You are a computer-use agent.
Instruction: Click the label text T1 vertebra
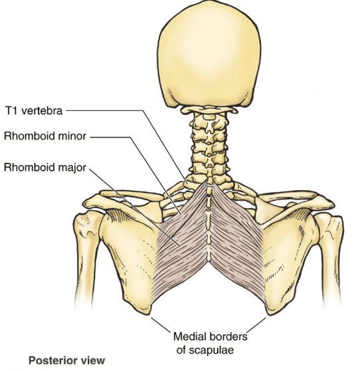(x=34, y=111)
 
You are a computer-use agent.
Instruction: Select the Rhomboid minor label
(x=45, y=136)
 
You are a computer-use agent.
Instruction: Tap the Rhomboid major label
(x=45, y=168)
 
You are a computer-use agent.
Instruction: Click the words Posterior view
(x=66, y=360)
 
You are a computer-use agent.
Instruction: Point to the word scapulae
(x=205, y=350)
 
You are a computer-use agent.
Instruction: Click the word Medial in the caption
(x=189, y=336)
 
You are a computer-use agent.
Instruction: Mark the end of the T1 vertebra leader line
(x=187, y=184)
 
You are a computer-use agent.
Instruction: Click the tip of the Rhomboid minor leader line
(x=181, y=215)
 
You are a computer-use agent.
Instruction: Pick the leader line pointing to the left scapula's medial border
(x=161, y=325)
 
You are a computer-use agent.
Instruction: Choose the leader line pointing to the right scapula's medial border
(x=256, y=325)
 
